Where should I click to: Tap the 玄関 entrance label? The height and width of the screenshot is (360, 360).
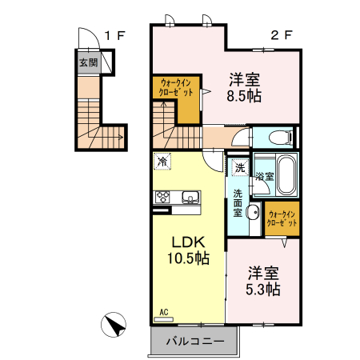(x=87, y=62)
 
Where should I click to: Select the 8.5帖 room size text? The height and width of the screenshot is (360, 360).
(x=245, y=96)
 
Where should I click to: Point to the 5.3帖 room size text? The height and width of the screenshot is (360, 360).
(x=262, y=289)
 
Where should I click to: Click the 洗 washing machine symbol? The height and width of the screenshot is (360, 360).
(x=240, y=167)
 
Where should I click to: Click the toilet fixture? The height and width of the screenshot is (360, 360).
(x=281, y=136)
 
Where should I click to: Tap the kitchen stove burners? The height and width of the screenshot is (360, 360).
(x=162, y=197)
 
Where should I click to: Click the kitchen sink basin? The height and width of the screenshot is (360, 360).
(x=190, y=197)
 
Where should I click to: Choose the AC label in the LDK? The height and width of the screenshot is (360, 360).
(x=163, y=312)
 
